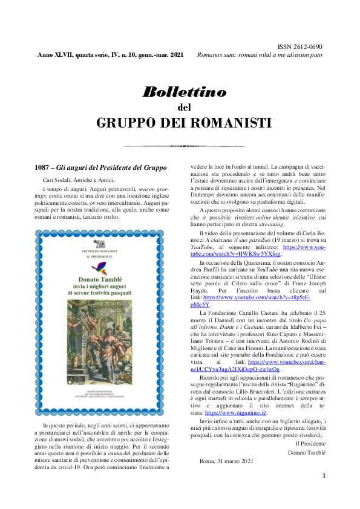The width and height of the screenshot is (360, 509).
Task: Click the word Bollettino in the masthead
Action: click(184, 92)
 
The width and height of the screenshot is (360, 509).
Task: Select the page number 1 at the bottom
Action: click(324, 476)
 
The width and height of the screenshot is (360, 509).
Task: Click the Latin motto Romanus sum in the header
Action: click(260, 54)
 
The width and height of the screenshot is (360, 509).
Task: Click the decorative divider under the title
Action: click(184, 146)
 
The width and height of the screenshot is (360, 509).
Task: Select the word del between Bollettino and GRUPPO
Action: click(184, 108)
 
